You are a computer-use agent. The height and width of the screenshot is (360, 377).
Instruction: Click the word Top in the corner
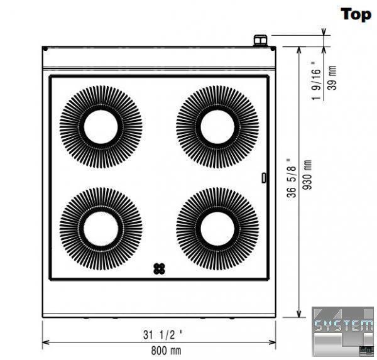click(x=356, y=14)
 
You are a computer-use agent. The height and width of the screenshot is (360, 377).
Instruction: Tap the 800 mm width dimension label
click(x=166, y=351)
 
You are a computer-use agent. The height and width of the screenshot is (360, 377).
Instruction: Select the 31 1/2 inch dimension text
click(x=163, y=334)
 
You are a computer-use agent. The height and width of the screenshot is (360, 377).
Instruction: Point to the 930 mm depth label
click(x=307, y=175)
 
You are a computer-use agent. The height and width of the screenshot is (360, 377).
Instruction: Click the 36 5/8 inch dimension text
click(x=291, y=178)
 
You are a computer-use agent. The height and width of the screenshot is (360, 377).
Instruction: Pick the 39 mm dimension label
click(x=332, y=78)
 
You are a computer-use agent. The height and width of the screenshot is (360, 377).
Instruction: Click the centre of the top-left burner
click(x=101, y=127)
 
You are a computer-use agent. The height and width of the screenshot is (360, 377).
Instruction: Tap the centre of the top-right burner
click(x=217, y=127)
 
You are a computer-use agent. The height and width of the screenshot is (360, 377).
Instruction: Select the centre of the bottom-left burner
click(x=101, y=229)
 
